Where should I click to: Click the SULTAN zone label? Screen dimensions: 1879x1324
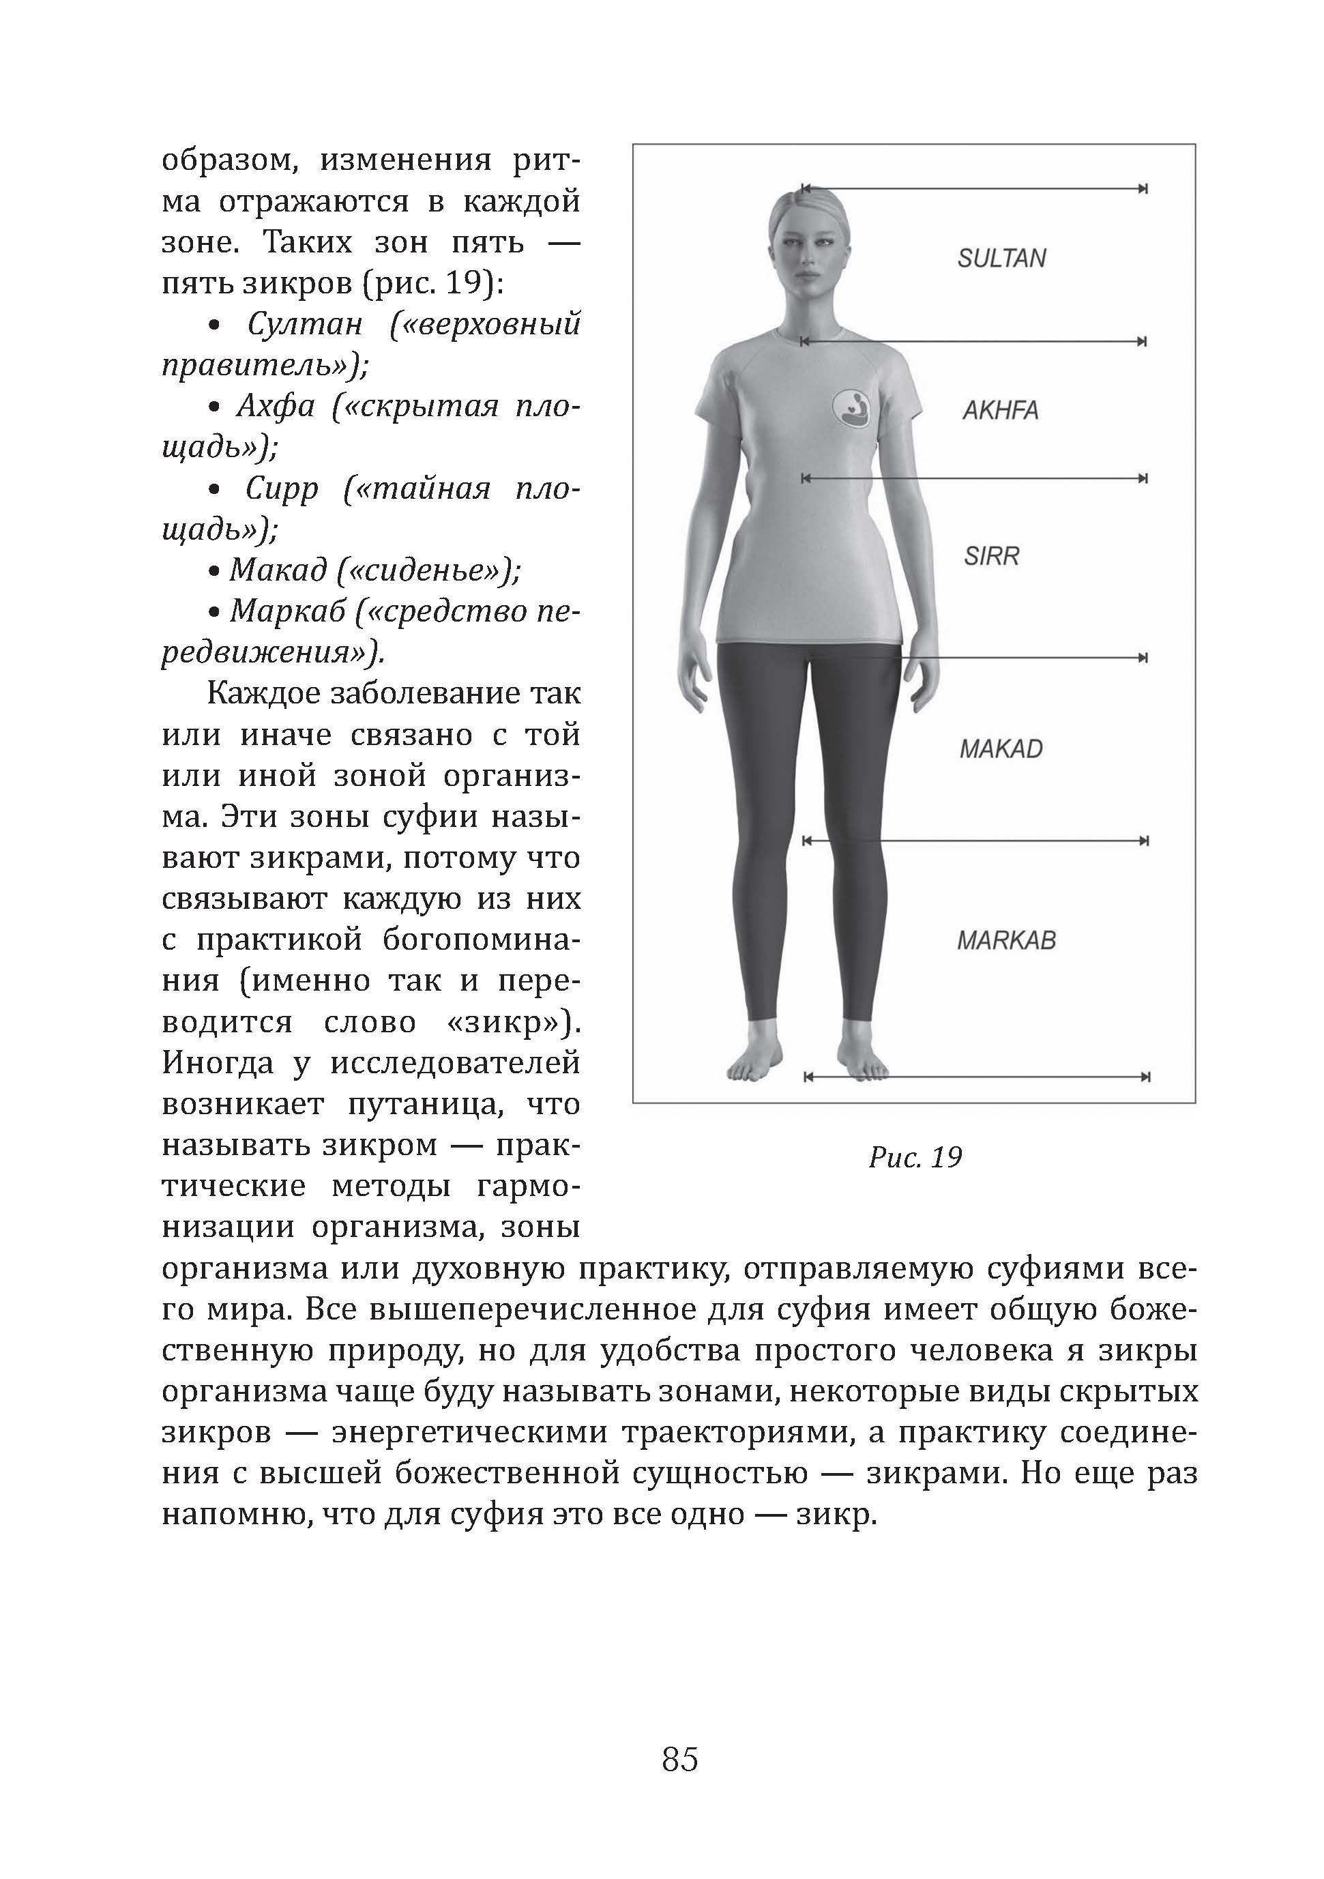point(1001,259)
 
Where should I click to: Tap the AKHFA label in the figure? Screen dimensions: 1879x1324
point(1000,410)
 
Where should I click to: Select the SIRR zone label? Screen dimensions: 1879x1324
point(991,557)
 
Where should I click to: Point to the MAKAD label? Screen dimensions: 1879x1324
point(1001,749)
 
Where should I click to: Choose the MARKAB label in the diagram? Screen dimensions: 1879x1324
point(1005,940)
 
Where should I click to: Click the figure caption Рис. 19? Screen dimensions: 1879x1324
point(915,1157)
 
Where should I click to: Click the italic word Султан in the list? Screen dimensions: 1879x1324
point(304,324)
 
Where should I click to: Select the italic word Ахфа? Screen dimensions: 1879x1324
point(276,406)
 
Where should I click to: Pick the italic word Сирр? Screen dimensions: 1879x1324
point(282,489)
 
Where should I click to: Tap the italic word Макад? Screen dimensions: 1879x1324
point(278,570)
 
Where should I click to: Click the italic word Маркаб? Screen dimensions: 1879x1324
point(288,611)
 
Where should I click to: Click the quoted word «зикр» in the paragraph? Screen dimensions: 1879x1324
point(501,1022)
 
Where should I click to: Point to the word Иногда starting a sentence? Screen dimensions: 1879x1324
point(218,1063)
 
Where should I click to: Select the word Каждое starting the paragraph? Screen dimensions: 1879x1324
point(264,693)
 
